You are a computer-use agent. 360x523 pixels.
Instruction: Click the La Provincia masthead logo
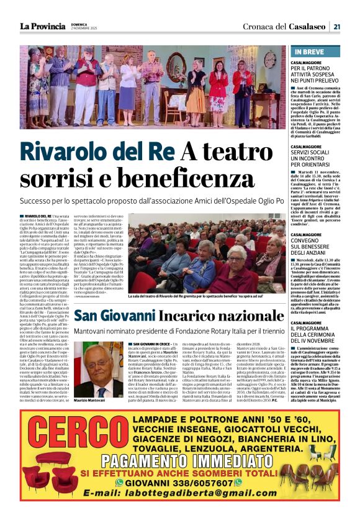(42, 26)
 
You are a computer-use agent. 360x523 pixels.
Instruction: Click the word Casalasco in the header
(306, 26)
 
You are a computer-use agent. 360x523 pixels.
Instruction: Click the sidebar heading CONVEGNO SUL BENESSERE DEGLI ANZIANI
(314, 243)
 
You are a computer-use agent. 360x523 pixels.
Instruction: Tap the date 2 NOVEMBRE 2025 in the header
(84, 29)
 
